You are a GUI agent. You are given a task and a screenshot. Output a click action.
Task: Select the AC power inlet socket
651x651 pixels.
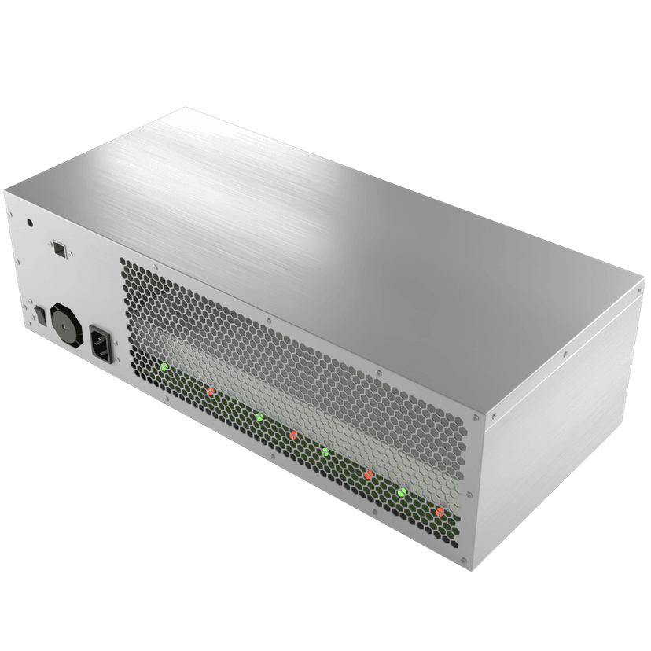click(x=102, y=344)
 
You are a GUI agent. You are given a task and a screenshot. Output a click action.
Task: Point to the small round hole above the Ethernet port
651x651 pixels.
click(x=31, y=223)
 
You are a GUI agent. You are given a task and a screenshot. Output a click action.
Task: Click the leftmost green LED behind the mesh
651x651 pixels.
click(x=164, y=367)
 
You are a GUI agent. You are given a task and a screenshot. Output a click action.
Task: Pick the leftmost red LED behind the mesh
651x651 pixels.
click(x=211, y=391)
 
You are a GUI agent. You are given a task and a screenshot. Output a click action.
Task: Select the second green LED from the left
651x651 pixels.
click(x=259, y=416)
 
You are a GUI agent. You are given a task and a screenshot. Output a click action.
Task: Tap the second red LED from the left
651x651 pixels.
click(x=292, y=434)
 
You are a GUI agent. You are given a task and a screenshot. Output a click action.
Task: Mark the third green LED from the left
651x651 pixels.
click(x=325, y=451)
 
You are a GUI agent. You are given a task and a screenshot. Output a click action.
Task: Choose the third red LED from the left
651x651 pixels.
click(x=367, y=474)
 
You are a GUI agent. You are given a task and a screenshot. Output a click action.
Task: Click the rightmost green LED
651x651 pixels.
click(x=401, y=492)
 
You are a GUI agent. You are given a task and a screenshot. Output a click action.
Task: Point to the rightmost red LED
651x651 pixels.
click(x=440, y=512)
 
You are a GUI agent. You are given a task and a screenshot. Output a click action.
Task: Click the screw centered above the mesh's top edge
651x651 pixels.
click(x=270, y=320)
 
